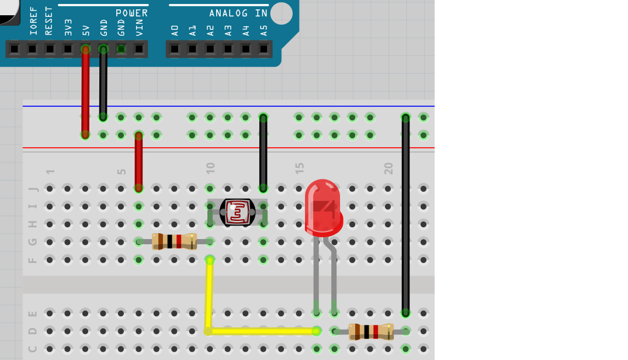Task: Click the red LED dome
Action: (x=323, y=207)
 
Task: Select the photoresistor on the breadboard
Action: (x=237, y=212)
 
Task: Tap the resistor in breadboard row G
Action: (x=174, y=241)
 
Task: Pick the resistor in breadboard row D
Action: (x=371, y=331)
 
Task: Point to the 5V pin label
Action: (x=86, y=31)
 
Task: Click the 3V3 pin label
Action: (x=68, y=27)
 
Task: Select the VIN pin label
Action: (x=139, y=27)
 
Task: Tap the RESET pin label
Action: (x=48, y=21)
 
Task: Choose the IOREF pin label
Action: (x=33, y=21)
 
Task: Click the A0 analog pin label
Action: (x=175, y=31)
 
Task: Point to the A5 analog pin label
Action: (x=263, y=31)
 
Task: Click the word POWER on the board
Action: (x=132, y=13)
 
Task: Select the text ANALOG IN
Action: (x=238, y=13)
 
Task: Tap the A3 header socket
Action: (x=228, y=49)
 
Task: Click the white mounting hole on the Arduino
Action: (x=282, y=13)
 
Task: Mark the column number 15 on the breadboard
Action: (x=299, y=168)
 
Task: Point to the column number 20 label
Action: (x=388, y=168)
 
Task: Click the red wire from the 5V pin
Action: (x=85, y=92)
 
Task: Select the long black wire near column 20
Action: (x=405, y=216)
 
